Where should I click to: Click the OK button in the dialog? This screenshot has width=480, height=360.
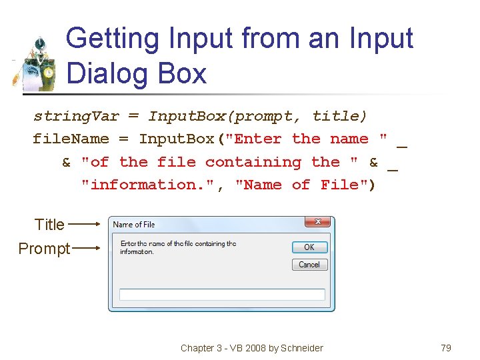click(309, 247)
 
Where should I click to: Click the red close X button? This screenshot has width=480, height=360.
click(317, 222)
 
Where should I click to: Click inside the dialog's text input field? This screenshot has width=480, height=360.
click(222, 294)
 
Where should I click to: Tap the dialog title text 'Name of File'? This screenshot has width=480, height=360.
click(134, 225)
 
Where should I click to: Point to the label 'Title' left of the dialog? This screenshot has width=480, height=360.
click(49, 225)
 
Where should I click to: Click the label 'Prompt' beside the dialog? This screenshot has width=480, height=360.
click(44, 249)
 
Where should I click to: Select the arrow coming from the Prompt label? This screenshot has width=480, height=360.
click(86, 249)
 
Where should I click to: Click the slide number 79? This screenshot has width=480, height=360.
click(446, 347)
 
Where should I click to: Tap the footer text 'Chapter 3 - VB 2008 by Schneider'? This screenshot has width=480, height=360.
click(251, 347)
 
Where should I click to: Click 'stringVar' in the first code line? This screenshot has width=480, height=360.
click(76, 117)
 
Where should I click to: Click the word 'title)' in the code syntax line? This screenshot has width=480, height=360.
click(340, 117)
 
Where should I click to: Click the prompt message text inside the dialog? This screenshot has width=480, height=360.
click(178, 247)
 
